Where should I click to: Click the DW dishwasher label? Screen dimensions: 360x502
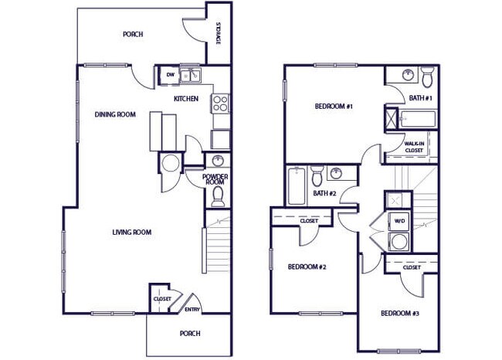click(170, 75)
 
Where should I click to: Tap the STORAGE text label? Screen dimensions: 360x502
click(219, 34)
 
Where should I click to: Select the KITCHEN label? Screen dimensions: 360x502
click(186, 98)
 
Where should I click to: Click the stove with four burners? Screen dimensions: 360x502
click(220, 104)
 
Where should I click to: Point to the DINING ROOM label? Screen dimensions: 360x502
click(115, 114)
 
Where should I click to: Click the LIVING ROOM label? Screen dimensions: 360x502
click(131, 232)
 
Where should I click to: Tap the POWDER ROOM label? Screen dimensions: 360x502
click(215, 178)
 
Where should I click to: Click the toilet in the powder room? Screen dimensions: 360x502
click(218, 196)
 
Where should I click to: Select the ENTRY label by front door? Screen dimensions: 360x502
click(192, 310)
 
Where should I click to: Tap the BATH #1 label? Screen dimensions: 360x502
click(421, 98)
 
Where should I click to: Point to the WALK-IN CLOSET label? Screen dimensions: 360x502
click(418, 147)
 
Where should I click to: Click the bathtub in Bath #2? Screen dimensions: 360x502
click(297, 186)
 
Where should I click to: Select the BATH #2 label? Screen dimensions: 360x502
click(324, 193)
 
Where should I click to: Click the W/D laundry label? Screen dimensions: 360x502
click(400, 221)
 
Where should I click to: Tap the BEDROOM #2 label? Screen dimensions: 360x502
click(307, 267)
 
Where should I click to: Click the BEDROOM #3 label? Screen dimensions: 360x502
click(400, 314)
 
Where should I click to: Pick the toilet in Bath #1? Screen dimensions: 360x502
click(427, 76)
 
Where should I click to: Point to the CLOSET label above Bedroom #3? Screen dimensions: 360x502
click(411, 267)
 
